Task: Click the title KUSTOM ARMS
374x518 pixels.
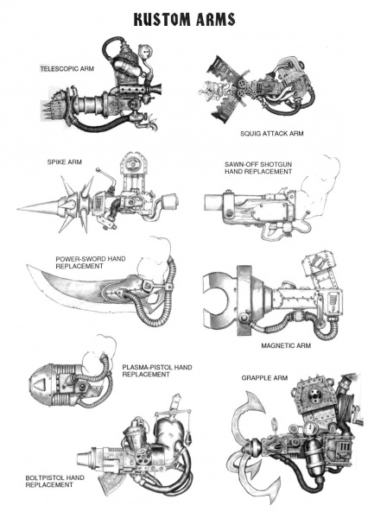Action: click(187, 18)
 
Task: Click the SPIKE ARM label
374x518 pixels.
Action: click(66, 161)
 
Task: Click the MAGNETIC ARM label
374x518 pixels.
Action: click(287, 344)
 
